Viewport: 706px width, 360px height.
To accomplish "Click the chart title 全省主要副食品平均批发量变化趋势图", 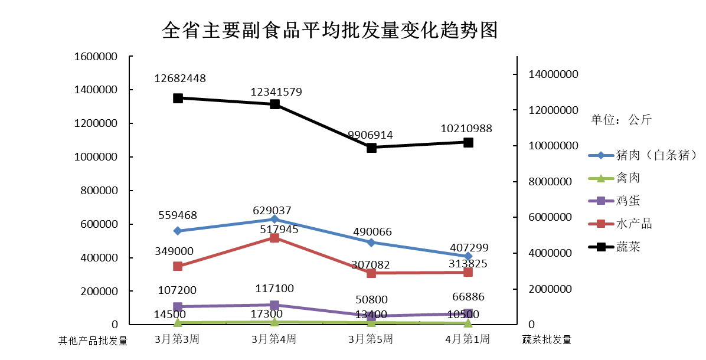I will [x=330, y=30].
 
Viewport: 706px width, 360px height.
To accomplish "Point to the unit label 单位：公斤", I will [x=622, y=120].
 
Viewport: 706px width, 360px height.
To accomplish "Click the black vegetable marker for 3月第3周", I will [x=178, y=98].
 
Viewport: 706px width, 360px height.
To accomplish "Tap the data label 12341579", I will [x=276, y=92].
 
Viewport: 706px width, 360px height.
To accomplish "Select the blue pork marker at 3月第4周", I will [x=274, y=219].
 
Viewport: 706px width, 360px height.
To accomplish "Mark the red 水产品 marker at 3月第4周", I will [x=274, y=238].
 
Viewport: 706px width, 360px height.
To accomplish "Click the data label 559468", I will [x=178, y=216].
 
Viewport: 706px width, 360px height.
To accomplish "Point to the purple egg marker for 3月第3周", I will [x=178, y=306].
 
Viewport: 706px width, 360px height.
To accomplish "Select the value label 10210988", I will [x=466, y=129].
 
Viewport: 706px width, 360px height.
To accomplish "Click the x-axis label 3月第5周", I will [x=371, y=339].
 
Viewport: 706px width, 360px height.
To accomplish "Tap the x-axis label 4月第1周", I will [x=468, y=339].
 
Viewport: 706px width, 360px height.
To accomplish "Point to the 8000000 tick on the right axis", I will [x=550, y=182].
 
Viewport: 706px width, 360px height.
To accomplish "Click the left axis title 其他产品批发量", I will [x=93, y=341].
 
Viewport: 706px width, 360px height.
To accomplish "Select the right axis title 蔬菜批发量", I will [x=547, y=340].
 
